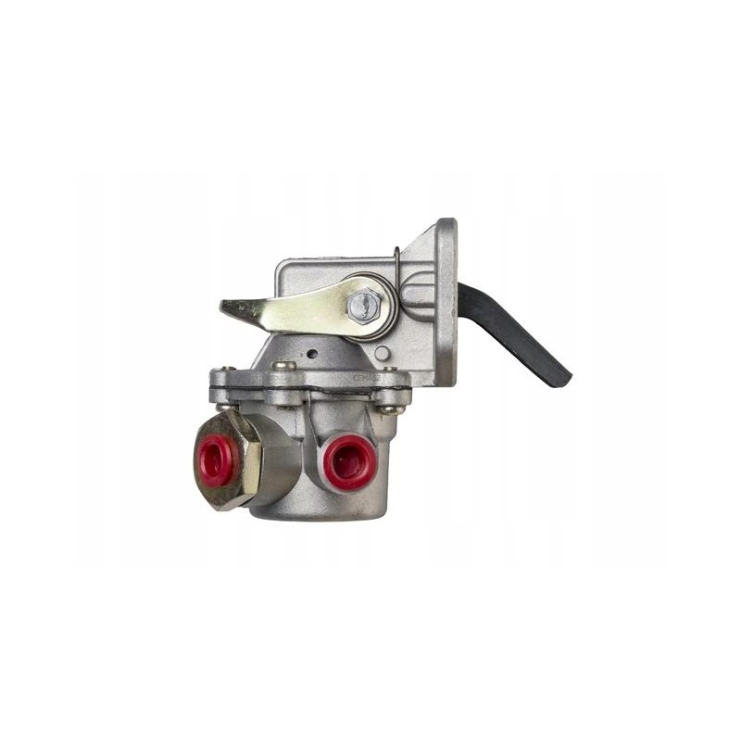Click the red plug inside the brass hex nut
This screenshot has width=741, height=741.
click(217, 460)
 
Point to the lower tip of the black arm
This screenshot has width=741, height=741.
click(559, 377)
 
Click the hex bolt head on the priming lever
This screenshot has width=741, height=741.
click(364, 305)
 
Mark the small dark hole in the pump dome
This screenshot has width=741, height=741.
click(312, 353)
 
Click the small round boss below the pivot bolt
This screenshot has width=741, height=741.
click(382, 353)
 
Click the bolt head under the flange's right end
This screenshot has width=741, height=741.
click(391, 408)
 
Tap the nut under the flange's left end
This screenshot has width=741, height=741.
click(225, 406)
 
